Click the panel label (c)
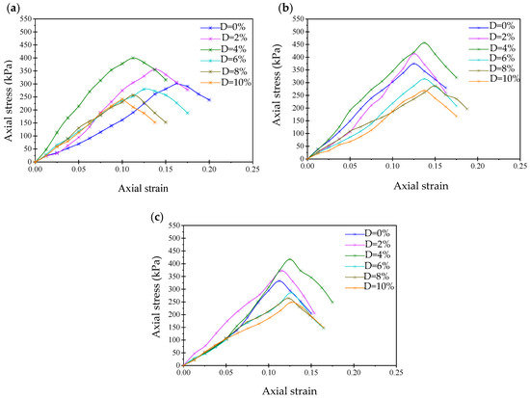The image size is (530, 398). (x=156, y=218)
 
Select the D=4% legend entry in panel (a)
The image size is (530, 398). (x=223, y=48)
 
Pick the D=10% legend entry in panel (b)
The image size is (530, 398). (x=493, y=79)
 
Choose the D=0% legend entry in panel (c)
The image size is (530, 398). (x=367, y=233)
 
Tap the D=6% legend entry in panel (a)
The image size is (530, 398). (x=223, y=60)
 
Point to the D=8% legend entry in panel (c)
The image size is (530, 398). (x=367, y=276)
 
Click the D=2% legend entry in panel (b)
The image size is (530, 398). (x=491, y=37)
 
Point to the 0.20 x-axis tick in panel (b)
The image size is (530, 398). (x=477, y=166)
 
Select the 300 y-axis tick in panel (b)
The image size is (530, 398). (x=298, y=83)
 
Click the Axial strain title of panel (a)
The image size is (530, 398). (x=143, y=188)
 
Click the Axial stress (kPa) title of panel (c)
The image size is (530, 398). (x=156, y=296)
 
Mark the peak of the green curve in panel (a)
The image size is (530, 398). (x=133, y=58)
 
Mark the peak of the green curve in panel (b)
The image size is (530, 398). (x=424, y=42)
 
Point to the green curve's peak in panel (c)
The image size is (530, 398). (x=290, y=259)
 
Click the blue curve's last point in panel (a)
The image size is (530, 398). (x=209, y=100)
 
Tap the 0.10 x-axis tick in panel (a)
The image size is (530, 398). (x=122, y=169)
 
